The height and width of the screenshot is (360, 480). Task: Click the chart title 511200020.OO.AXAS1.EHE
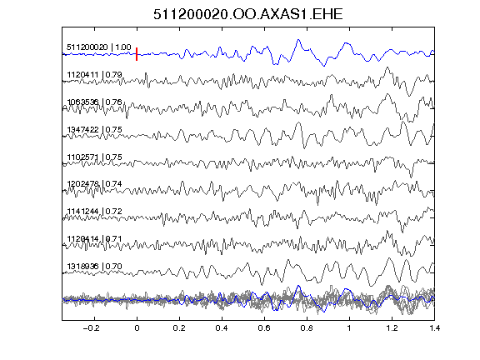(247, 14)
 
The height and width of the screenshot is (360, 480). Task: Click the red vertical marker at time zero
(137, 54)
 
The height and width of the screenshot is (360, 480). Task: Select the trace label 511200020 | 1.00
(99, 47)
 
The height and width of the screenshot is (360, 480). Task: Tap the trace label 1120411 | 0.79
(94, 75)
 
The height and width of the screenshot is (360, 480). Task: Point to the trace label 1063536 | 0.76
(94, 102)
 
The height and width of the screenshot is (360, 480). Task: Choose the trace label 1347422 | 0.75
(94, 129)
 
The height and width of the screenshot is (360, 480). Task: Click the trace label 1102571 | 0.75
(94, 157)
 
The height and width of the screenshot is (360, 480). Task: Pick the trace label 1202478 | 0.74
(94, 183)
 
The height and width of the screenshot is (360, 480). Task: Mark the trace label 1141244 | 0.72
(94, 211)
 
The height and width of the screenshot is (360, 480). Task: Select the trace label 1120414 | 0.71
(94, 238)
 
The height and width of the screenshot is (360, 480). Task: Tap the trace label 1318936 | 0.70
(94, 267)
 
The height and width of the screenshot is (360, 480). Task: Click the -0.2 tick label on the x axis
(91, 328)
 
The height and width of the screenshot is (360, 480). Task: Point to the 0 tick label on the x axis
(137, 328)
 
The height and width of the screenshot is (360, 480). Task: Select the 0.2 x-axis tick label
(179, 328)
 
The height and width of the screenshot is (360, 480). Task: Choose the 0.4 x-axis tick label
(222, 328)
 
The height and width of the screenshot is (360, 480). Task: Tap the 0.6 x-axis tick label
(264, 328)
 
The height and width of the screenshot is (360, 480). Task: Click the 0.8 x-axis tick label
(307, 328)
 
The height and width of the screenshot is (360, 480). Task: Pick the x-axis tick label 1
(349, 328)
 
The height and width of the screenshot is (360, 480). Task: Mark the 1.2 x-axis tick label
(392, 328)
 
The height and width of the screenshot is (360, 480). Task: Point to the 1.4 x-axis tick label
(434, 328)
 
